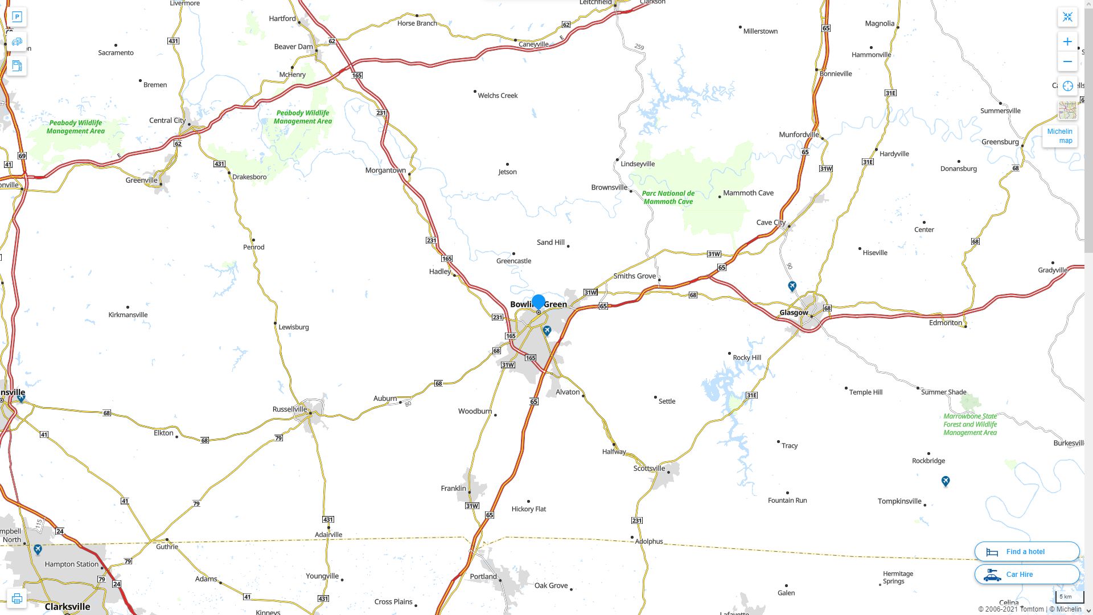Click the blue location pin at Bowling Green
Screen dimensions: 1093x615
click(538, 302)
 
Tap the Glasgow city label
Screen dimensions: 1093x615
click(794, 313)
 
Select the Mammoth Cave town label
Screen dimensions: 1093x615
click(748, 193)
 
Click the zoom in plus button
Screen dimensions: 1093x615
click(1067, 42)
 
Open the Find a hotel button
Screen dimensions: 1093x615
click(1026, 551)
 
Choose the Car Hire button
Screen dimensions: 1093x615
click(1026, 574)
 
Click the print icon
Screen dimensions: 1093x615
click(17, 598)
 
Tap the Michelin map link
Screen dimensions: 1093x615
click(1059, 136)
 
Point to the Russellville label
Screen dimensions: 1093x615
click(289, 409)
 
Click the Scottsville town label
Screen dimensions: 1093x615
click(649, 468)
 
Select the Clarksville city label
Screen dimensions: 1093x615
click(67, 606)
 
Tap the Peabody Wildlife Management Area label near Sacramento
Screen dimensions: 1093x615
click(76, 126)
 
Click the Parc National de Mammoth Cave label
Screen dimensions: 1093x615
click(668, 197)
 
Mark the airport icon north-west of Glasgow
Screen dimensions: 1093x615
click(792, 286)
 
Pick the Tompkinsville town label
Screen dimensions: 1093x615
click(899, 501)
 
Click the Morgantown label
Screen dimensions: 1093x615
click(385, 170)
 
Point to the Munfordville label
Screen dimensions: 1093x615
click(799, 134)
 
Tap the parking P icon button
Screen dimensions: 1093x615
click(17, 17)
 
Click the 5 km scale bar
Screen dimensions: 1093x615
click(1069, 597)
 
